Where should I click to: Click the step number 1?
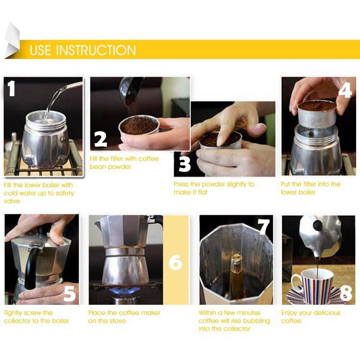coord(11,88)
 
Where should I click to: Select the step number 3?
coord(185,164)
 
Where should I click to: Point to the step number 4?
coord(345,90)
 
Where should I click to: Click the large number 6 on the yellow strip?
coord(175,263)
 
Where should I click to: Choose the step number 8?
coord(346,293)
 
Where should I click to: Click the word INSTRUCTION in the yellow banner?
coord(96,50)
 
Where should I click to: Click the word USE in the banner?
coord(40,50)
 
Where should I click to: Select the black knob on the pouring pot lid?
coord(317,225)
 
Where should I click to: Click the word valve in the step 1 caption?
coord(12,201)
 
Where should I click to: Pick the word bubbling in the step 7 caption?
coord(257,321)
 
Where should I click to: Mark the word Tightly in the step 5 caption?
coord(13,313)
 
